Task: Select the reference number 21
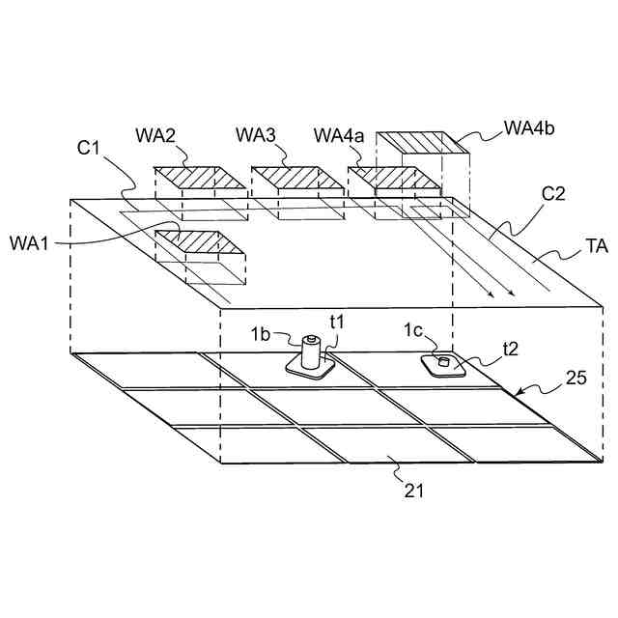412,490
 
